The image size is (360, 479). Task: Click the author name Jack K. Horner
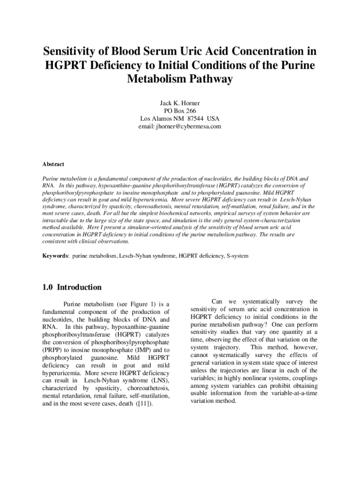(x=180, y=102)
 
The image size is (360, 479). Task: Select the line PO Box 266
(x=180, y=110)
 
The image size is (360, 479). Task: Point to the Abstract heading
(x=53, y=164)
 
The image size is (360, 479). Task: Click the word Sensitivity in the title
(x=74, y=51)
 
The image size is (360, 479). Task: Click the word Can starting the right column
(x=218, y=302)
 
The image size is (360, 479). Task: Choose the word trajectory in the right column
(x=226, y=348)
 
